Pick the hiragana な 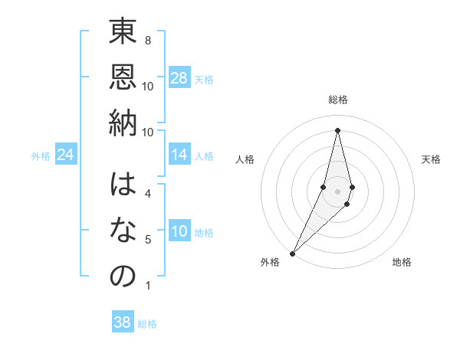(123, 231)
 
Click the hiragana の (123, 276)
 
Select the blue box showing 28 (179, 78)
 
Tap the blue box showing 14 (179, 155)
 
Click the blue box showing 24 (66, 155)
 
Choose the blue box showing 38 (123, 322)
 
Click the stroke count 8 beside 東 (147, 40)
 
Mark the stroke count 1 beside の (147, 286)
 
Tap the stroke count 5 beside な (147, 240)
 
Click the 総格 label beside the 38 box (147, 324)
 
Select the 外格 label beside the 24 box (41, 156)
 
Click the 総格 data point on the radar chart (337, 130)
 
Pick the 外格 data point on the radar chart (292, 252)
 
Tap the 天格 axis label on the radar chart (432, 159)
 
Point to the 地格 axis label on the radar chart (402, 262)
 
